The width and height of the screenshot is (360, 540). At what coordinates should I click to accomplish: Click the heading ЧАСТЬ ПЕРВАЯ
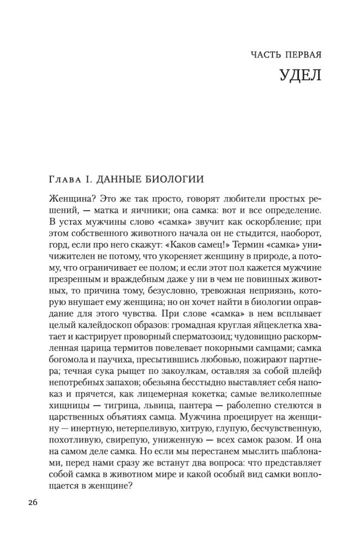click(286, 55)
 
